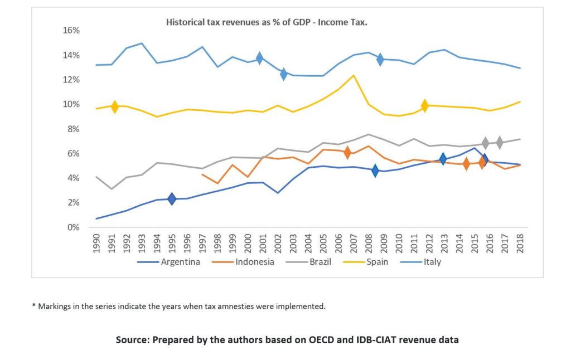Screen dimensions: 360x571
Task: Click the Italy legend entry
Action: point(432,262)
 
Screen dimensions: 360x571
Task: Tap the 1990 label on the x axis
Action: point(97,243)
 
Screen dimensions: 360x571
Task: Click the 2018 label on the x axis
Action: point(521,243)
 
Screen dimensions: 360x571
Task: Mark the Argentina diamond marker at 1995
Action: point(172,199)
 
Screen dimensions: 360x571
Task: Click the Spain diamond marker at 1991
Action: point(115,106)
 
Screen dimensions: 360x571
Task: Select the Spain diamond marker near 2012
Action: point(425,105)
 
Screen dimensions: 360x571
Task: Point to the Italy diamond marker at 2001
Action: point(259,57)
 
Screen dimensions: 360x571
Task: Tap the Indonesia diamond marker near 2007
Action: point(347,152)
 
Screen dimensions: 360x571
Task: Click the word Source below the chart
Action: point(132,339)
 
